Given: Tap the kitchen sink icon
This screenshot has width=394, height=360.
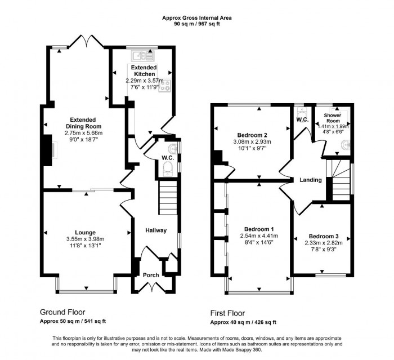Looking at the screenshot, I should pos(139,55).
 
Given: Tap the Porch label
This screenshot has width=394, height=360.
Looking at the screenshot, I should pos(151,275).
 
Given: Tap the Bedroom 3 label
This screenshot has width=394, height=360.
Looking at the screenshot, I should pos(323,236).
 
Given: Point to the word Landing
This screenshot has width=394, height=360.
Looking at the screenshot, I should pos(310,180).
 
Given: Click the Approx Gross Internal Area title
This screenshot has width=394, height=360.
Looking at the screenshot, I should pos(197,17).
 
